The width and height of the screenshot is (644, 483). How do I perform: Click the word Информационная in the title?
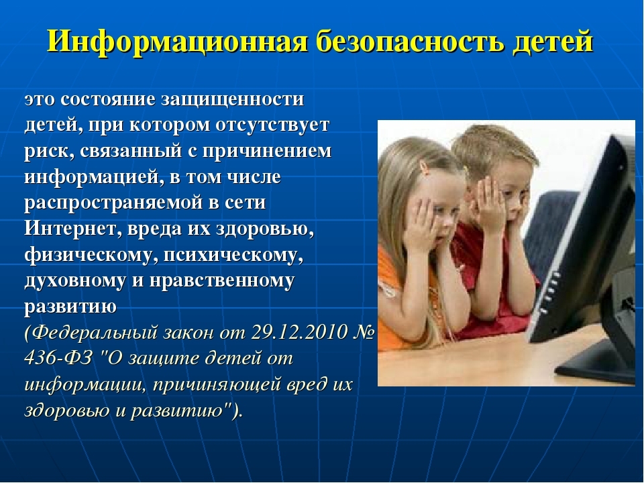[x=177, y=42]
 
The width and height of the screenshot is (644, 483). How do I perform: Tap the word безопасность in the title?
[x=411, y=41]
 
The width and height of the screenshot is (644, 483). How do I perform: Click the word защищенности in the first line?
[x=232, y=100]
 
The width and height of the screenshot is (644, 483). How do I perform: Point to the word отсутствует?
[x=272, y=125]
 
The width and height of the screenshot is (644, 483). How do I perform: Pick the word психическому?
[x=233, y=256]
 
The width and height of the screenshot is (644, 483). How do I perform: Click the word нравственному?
[x=222, y=281]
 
